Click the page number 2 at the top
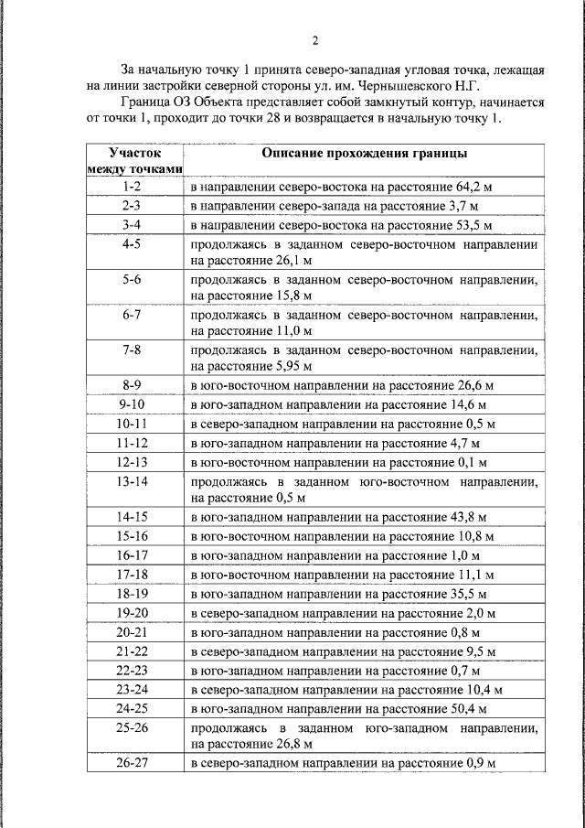pyautogui.click(x=314, y=40)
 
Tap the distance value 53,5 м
pyautogui.click(x=468, y=225)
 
